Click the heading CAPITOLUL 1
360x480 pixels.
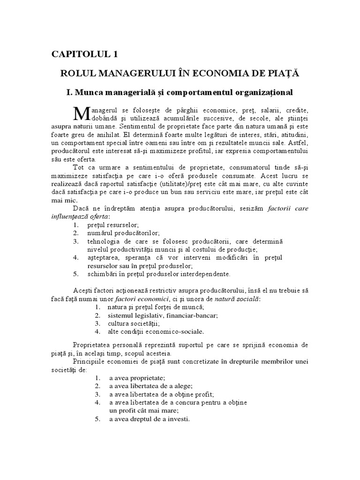point(84,54)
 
